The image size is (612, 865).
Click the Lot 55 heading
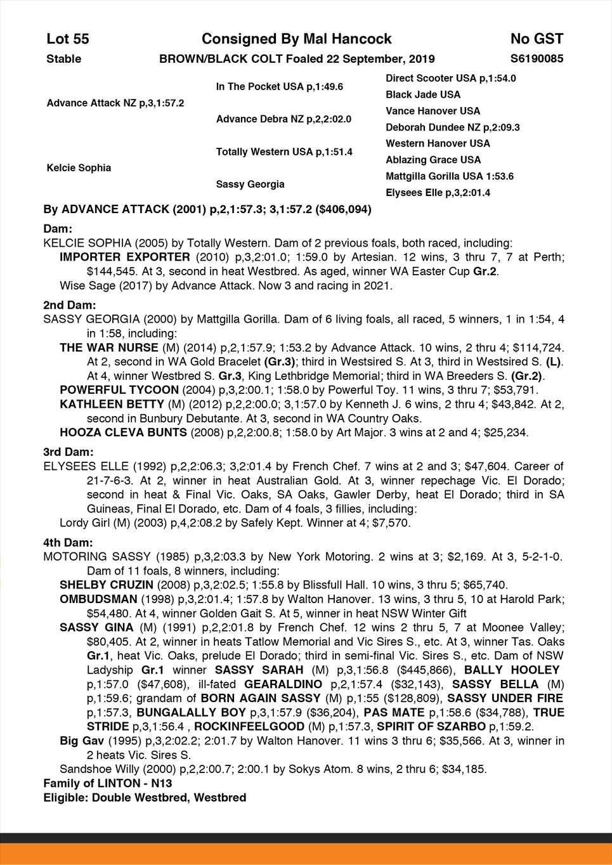click(x=68, y=39)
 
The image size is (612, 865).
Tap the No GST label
click(x=537, y=39)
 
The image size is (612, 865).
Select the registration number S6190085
click(x=537, y=59)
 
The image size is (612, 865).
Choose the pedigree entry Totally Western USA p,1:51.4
click(x=284, y=152)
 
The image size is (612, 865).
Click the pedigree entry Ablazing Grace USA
click(x=433, y=160)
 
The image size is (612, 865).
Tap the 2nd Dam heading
click(x=69, y=305)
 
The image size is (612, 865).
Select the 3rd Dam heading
click(x=68, y=452)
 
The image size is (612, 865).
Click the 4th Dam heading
click(x=68, y=543)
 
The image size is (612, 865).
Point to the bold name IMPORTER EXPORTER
click(x=124, y=257)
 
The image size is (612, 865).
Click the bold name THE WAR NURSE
click(x=108, y=348)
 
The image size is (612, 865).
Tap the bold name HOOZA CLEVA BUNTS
click(x=123, y=432)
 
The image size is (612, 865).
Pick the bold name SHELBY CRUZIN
click(x=106, y=585)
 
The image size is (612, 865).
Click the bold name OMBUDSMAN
click(x=98, y=599)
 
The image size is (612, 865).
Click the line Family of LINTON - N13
click(x=108, y=783)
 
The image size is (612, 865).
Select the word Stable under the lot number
click(x=64, y=59)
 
